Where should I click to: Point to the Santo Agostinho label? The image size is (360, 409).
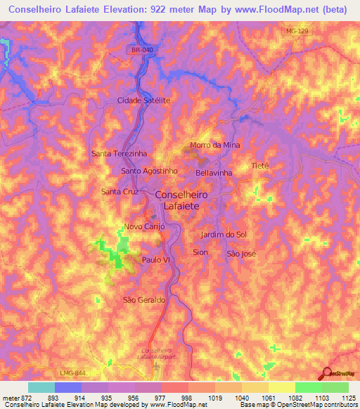(x=150, y=171)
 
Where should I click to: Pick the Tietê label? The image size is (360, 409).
(x=260, y=166)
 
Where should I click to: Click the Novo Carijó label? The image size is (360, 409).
(x=144, y=226)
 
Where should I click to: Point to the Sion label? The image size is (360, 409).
(x=200, y=251)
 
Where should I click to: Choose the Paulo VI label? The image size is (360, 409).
(x=156, y=259)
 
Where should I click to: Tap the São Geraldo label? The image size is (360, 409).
(x=144, y=299)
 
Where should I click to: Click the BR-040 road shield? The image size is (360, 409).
(x=142, y=50)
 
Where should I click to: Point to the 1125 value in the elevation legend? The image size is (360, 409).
(x=346, y=397)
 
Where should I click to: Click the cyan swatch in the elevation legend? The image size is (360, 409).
(x=41, y=387)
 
